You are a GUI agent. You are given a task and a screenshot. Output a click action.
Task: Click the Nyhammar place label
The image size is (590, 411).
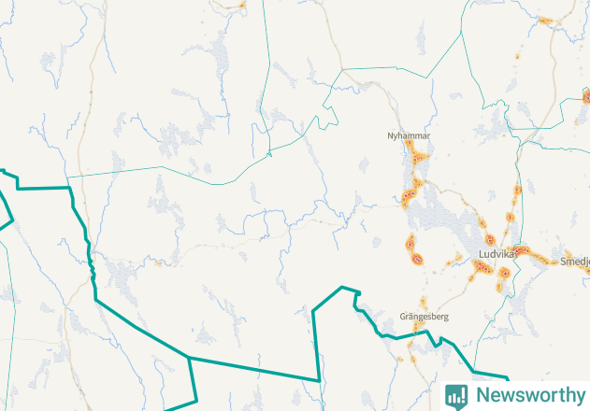pyautogui.click(x=409, y=136)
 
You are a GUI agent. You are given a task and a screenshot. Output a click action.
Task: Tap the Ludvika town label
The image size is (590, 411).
pyautogui.click(x=496, y=254)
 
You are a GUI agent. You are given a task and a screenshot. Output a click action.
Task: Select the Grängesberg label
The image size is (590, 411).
pyautogui.click(x=424, y=318)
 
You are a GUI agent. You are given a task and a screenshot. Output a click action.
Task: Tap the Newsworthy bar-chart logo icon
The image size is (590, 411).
pyautogui.click(x=456, y=395)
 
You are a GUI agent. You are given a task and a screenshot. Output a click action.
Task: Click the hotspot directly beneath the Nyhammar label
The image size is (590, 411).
pyautogui.click(x=418, y=158)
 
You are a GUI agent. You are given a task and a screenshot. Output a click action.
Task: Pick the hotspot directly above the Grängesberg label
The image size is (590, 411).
pyautogui.click(x=421, y=303)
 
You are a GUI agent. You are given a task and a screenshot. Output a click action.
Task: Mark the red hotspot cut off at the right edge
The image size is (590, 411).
pyautogui.click(x=586, y=96)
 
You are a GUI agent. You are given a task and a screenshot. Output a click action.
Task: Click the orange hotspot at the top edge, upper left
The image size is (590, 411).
pyautogui.click(x=241, y=5)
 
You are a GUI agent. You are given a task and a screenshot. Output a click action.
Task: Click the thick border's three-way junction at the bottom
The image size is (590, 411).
pyautogui.click(x=191, y=358)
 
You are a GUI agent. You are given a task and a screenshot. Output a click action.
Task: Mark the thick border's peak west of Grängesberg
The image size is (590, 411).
pyautogui.click(x=343, y=287)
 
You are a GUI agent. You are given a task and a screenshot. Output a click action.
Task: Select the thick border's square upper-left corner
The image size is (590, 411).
pyautogui.click(x=71, y=188)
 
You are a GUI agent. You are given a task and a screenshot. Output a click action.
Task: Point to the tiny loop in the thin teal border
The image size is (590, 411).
pyautogui.click(x=269, y=153)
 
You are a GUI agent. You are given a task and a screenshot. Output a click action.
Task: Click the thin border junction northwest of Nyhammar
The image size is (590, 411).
pyautogui.click(x=342, y=69)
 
